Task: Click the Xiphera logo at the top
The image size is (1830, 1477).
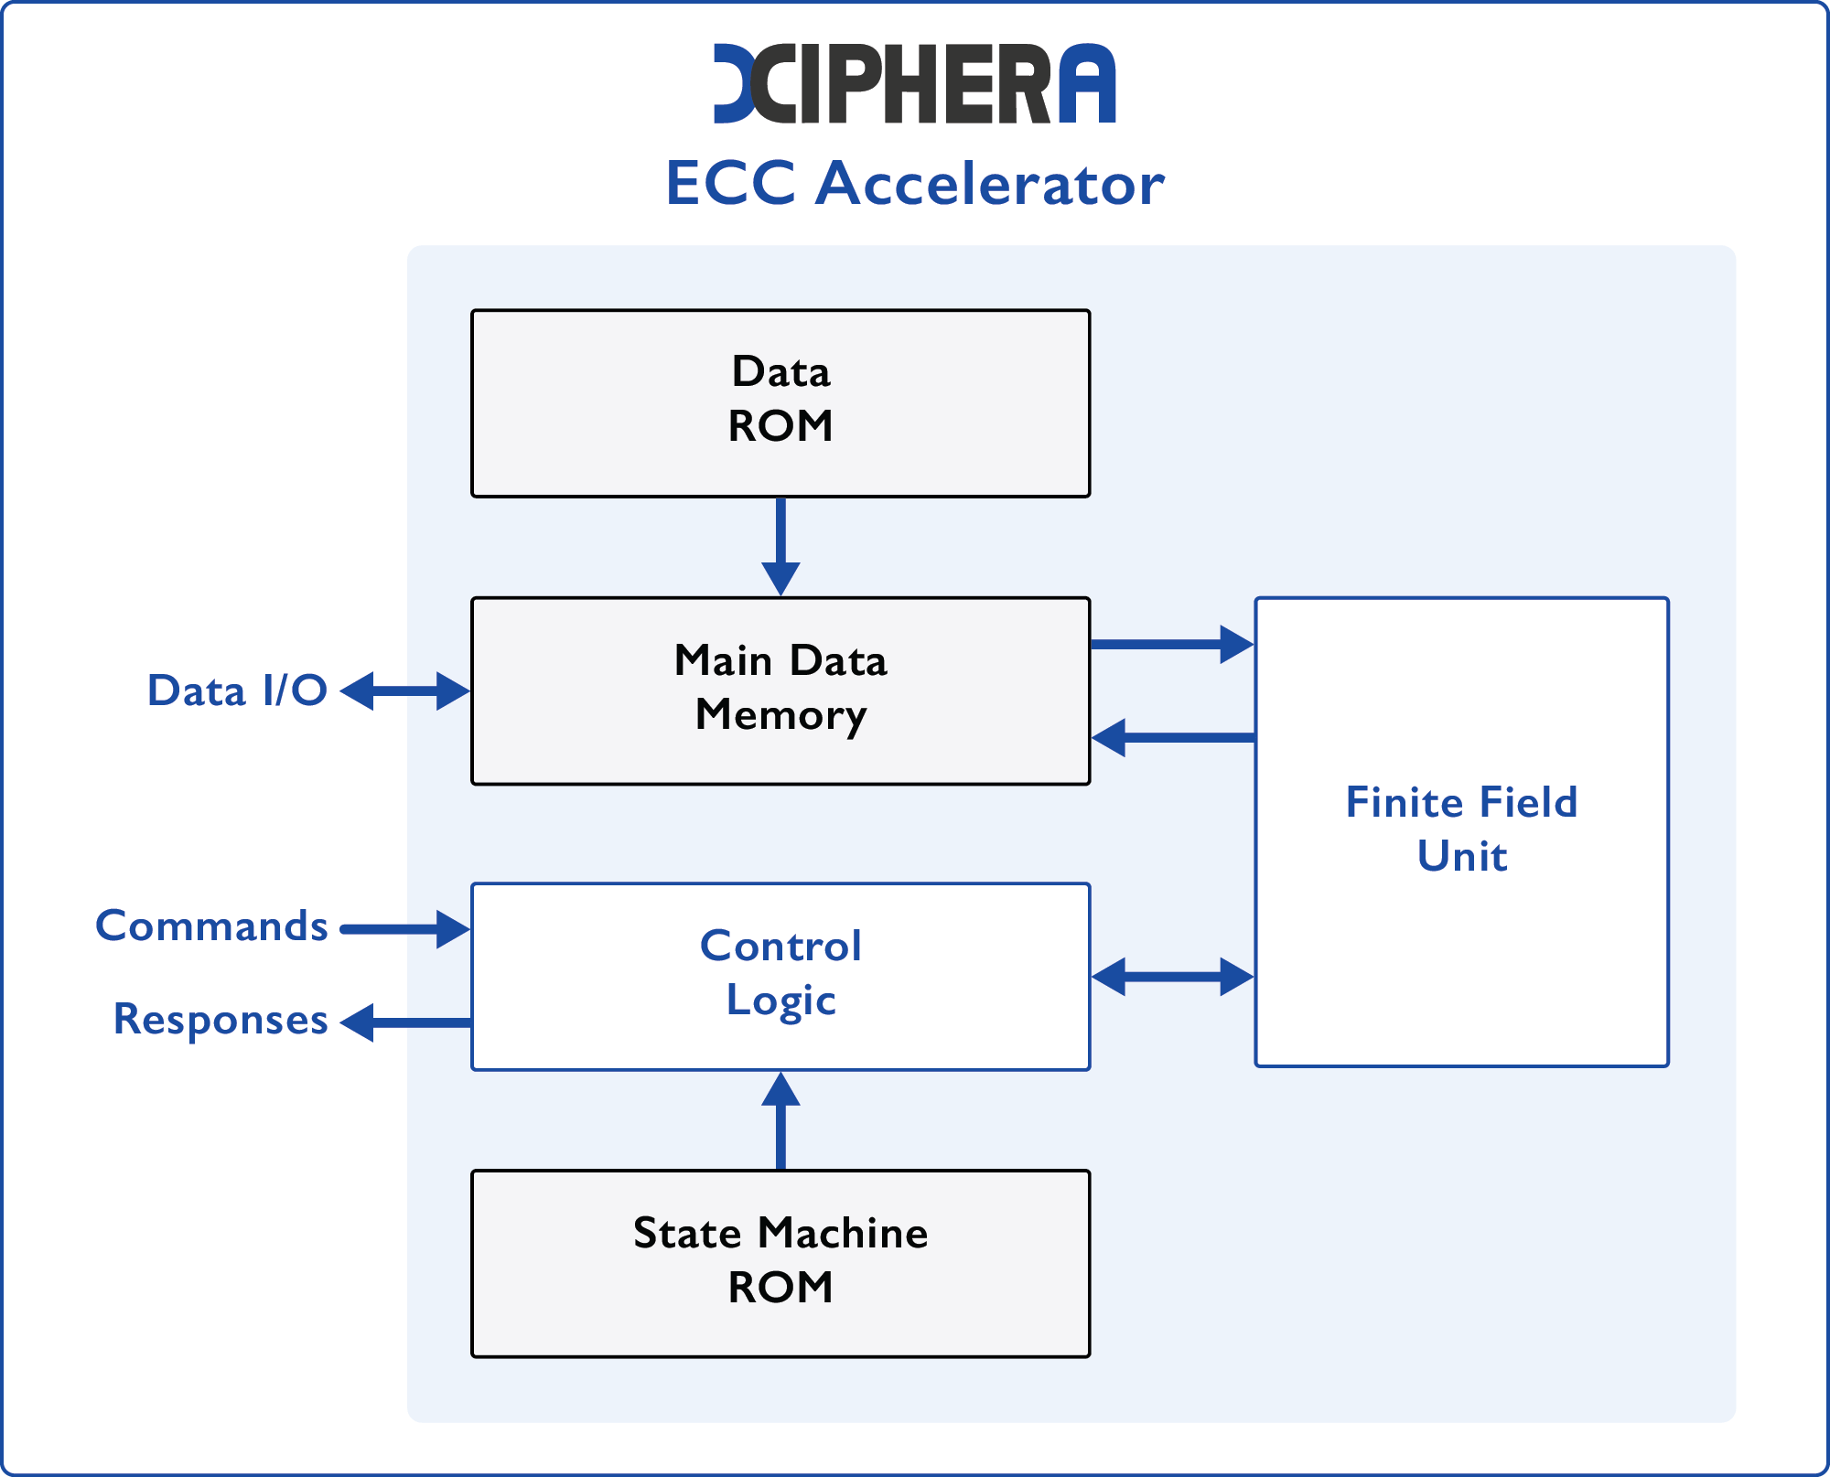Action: point(913,83)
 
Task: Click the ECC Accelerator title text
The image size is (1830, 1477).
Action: point(914,184)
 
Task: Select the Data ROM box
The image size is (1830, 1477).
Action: point(780,403)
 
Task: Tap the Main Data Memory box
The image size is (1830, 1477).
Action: point(780,690)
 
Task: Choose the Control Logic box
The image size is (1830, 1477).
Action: point(780,975)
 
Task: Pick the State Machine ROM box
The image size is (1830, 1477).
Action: point(780,1263)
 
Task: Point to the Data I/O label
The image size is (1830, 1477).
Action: point(237,690)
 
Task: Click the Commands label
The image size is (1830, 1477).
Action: point(211,926)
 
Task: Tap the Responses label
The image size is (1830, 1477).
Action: point(220,1020)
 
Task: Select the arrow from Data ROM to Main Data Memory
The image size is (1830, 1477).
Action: point(780,546)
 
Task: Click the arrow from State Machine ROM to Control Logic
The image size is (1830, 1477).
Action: point(780,1120)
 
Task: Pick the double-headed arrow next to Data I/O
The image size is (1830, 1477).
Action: point(404,690)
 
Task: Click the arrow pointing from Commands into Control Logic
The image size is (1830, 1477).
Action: point(404,929)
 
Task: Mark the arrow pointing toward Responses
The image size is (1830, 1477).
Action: point(404,1022)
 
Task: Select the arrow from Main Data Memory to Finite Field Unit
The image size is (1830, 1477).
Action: point(1171,644)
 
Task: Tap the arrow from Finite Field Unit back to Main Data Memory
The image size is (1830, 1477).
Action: point(1171,737)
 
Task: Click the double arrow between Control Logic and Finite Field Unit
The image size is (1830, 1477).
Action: point(1171,977)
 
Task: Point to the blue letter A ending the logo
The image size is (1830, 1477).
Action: point(1088,83)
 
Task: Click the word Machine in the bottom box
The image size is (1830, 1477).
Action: point(843,1234)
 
